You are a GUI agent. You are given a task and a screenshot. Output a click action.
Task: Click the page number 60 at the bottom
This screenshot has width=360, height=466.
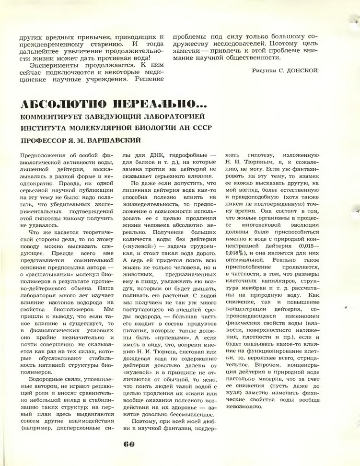(x=128, y=443)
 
